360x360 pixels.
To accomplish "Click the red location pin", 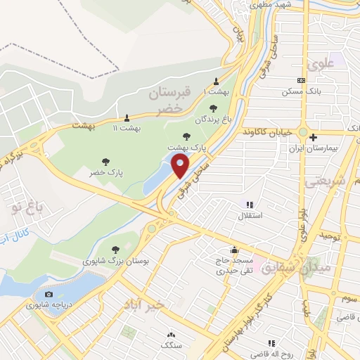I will point(181,167).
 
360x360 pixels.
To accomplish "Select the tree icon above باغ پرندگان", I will point(213,108).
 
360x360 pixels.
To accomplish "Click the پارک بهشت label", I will point(185,148).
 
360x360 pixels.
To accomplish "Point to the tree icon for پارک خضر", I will point(105,162).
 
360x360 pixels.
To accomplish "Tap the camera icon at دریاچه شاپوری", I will point(49,294).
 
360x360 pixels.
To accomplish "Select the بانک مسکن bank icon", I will point(301,81).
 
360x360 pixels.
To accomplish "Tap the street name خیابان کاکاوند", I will point(266,131).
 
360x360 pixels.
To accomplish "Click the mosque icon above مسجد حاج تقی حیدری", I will point(234,249).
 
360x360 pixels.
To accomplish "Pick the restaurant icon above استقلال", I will point(249,205).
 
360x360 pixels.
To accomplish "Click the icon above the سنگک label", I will point(169,335).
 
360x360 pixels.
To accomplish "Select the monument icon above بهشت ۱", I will point(216,81).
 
